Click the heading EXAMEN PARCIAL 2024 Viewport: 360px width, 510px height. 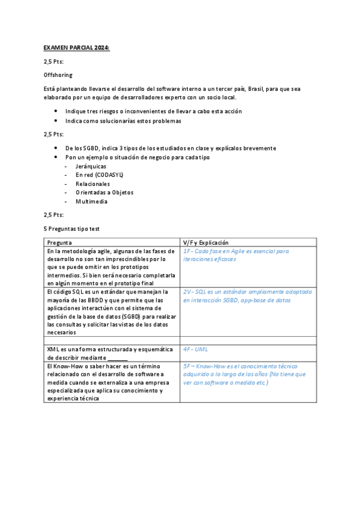[77, 47]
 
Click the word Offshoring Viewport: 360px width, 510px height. [58, 75]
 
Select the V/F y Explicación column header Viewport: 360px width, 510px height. [206, 242]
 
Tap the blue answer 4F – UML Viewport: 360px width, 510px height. [196, 349]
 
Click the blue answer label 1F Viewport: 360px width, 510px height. [188, 251]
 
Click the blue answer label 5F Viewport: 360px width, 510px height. [188, 366]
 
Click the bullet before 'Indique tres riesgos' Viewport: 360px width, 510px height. [55, 111]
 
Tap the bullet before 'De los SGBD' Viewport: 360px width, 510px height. [55, 148]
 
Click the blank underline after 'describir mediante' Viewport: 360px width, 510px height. [118, 357]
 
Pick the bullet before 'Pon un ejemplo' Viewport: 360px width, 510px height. [55, 157]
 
